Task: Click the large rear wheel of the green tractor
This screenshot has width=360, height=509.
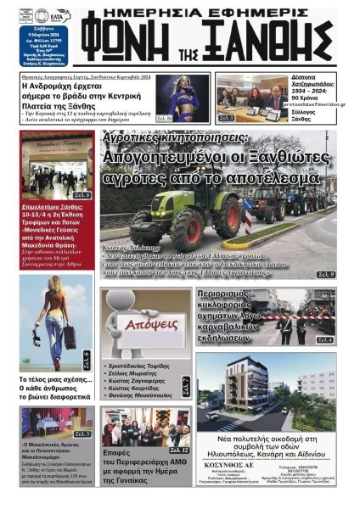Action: pos(186,227)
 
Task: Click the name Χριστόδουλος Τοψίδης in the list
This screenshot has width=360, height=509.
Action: pos(140,361)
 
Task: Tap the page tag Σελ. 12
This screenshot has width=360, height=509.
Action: pos(180,449)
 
